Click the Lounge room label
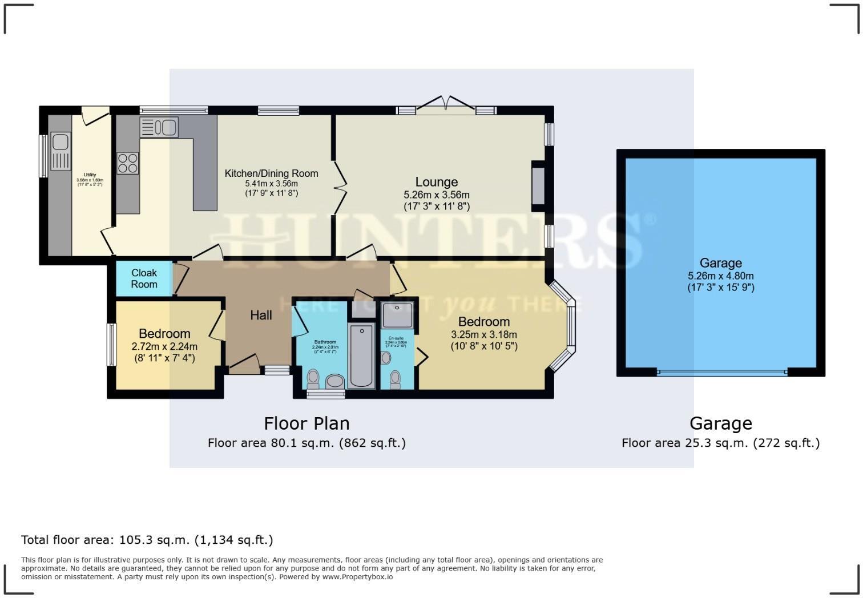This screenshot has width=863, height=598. point(436,182)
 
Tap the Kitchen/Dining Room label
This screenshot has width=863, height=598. point(271,173)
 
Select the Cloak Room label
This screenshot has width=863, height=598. point(144,278)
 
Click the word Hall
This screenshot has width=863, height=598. point(261,315)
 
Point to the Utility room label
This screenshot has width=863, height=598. point(90,175)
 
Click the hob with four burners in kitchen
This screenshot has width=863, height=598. point(128,163)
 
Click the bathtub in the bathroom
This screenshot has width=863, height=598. point(361,355)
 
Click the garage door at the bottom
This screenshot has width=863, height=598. point(721,373)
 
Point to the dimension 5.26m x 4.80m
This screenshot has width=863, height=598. point(720,276)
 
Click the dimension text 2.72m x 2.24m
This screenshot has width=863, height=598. point(164,346)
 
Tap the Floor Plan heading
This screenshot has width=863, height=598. point(307,423)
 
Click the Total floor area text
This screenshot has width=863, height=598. point(147,540)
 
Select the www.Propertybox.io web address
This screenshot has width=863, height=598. point(357,577)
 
